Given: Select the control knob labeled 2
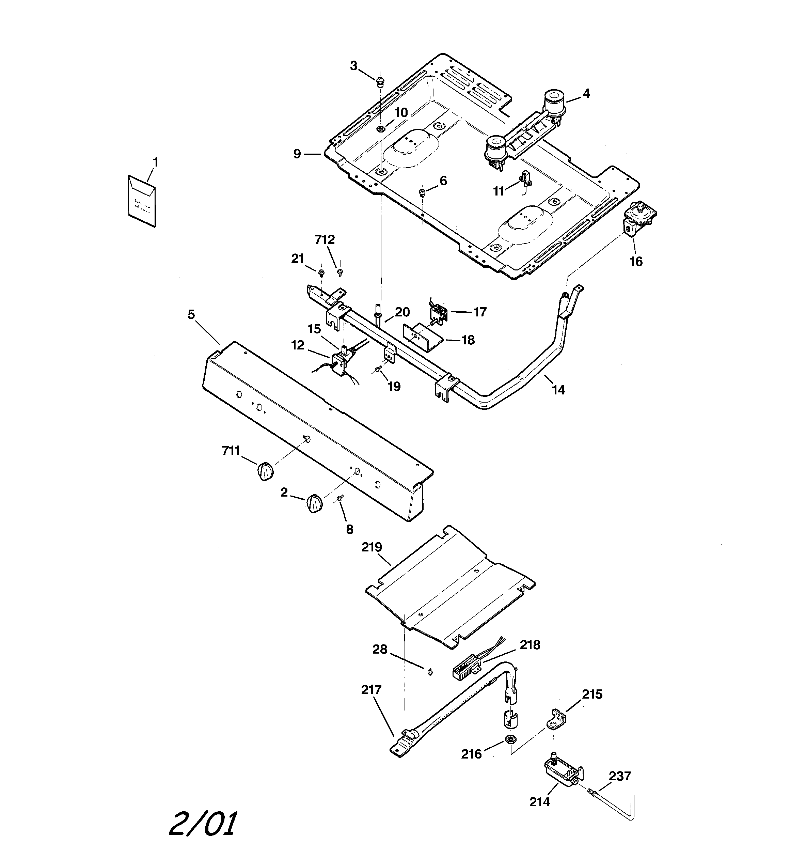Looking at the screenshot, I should click(314, 504).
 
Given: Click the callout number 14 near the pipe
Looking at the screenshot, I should click(558, 390).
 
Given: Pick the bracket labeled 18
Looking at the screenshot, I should click(422, 338).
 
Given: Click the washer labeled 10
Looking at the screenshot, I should click(381, 128).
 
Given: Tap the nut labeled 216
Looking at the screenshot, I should click(510, 740).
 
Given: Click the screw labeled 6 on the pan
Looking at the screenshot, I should click(422, 193).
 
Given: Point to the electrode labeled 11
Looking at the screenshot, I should click(526, 178).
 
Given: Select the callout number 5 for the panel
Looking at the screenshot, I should click(191, 314).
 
